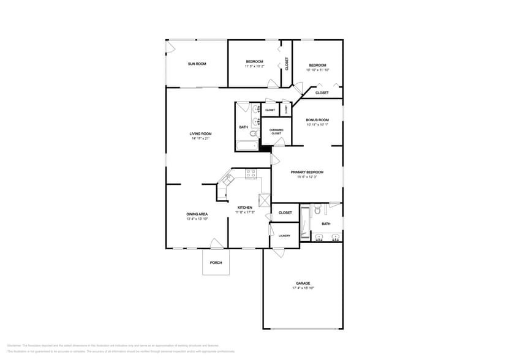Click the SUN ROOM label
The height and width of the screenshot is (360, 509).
pyautogui.click(x=197, y=64)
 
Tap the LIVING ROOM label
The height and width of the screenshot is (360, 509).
pyautogui.click(x=200, y=133)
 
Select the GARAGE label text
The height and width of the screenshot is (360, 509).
pyautogui.click(x=303, y=283)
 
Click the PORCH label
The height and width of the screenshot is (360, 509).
pyautogui.click(x=216, y=263)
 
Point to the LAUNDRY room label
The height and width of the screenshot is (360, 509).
pyautogui.click(x=284, y=235)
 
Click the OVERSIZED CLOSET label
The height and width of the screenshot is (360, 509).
pyautogui.click(x=276, y=132)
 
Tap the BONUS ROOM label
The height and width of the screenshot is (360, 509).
pyautogui.click(x=317, y=119)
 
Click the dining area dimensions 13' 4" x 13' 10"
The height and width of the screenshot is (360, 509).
pyautogui.click(x=197, y=219)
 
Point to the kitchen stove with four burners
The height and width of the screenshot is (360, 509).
pyautogui.click(x=251, y=174)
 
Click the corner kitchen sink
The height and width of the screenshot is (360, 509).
pyautogui.click(x=227, y=179)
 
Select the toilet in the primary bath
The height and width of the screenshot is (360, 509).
pyautogui.click(x=317, y=211)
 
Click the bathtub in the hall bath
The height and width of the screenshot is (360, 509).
pyautogui.click(x=247, y=146)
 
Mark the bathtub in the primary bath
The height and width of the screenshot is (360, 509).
pyautogui.click(x=305, y=224)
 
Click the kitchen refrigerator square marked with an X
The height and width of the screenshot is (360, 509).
pyautogui.click(x=265, y=200)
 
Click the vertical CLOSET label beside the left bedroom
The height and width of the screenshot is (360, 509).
pyautogui.click(x=287, y=63)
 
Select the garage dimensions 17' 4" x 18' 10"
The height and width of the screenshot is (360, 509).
pyautogui.click(x=303, y=288)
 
